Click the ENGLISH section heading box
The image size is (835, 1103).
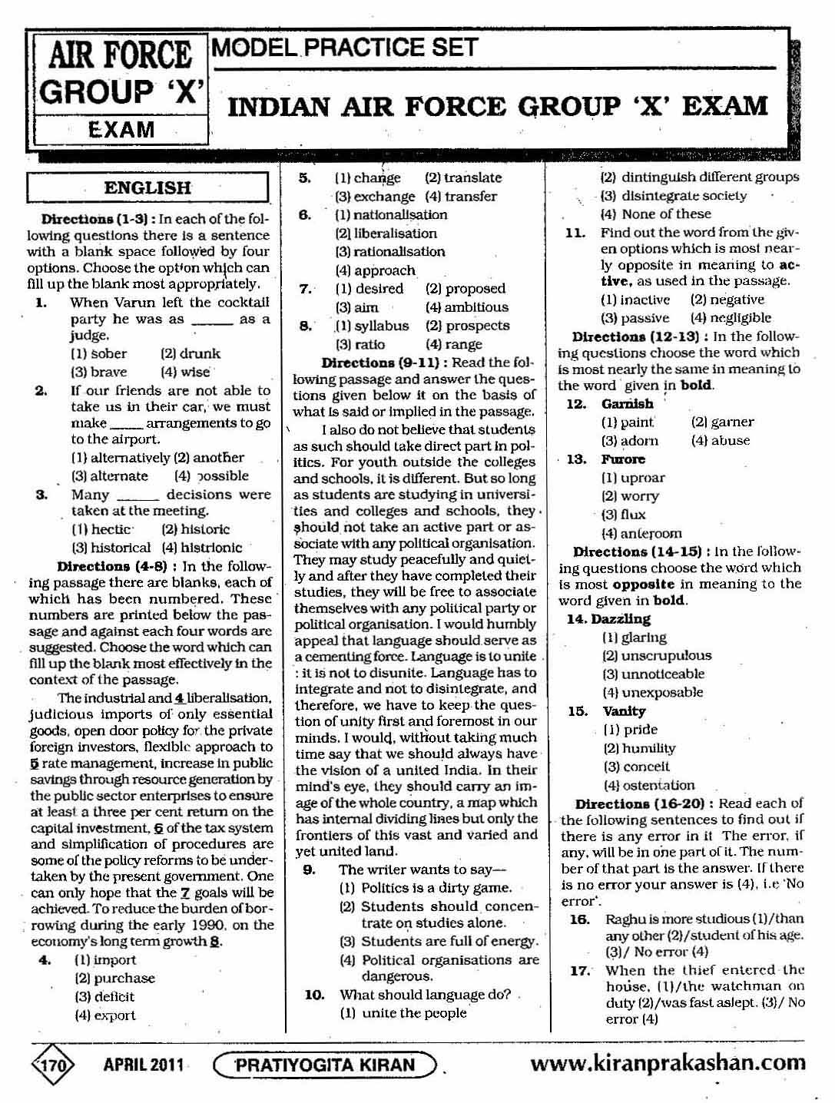click(x=147, y=188)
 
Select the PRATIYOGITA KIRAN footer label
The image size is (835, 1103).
click(x=325, y=1065)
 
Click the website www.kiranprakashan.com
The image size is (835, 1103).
click(x=668, y=1063)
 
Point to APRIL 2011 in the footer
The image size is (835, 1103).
click(x=144, y=1065)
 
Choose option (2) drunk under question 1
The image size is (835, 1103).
click(x=191, y=354)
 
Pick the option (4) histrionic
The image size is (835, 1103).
click(x=201, y=548)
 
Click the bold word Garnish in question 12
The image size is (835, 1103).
click(x=628, y=404)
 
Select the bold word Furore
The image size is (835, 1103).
click(x=623, y=459)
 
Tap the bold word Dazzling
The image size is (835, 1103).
click(x=621, y=619)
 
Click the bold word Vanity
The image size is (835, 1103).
click(x=624, y=711)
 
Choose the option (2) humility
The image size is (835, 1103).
click(x=639, y=748)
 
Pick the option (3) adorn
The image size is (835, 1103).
click(x=630, y=441)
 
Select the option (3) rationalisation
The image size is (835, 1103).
click(x=389, y=252)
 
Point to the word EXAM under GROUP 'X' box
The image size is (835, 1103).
click(x=121, y=129)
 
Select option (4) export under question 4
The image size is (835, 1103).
click(x=104, y=1015)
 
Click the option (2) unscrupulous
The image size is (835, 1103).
click(x=657, y=656)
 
